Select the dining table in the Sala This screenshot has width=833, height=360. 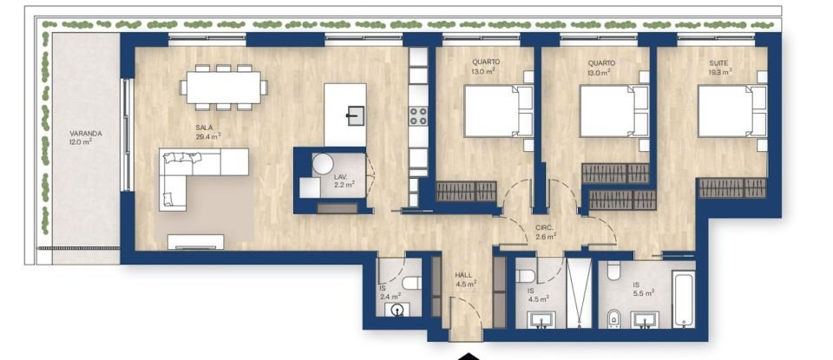click(225, 87)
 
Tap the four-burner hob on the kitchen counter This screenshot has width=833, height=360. click(418, 115)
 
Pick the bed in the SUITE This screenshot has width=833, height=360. click(731, 111)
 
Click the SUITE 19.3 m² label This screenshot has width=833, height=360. click(719, 68)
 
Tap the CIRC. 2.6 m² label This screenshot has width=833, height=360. click(544, 232)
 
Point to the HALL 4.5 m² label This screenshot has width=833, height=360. click(465, 278)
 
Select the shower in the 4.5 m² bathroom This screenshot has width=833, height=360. click(575, 295)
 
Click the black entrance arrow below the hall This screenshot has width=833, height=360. click(468, 355)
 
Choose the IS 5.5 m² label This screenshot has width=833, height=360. click(643, 289)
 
